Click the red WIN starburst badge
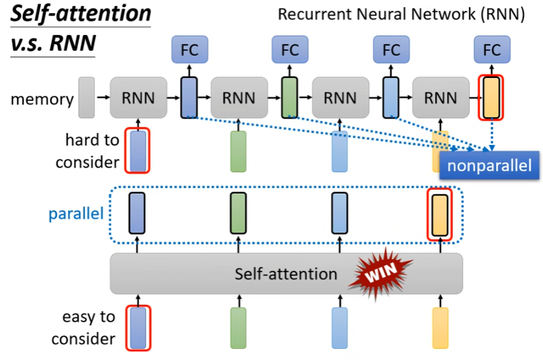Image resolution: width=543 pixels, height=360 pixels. [x=378, y=273]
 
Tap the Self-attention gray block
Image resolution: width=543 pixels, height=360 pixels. [x=286, y=274]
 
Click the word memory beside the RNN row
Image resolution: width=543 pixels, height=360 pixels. [x=42, y=99]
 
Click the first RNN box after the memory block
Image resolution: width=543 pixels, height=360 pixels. [x=138, y=98]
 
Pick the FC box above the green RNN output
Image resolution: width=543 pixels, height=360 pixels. [x=289, y=49]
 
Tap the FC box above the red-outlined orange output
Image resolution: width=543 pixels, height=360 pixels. [x=492, y=49]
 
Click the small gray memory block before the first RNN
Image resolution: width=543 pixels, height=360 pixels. [x=86, y=97]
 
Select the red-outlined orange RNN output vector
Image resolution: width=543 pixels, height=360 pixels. [x=492, y=97]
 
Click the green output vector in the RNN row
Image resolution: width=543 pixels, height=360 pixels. [x=289, y=97]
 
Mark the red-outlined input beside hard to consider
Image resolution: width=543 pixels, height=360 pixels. [x=137, y=151]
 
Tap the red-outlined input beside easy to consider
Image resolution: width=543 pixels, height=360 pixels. [x=137, y=328]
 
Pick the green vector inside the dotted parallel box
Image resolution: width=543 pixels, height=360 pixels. [x=238, y=212]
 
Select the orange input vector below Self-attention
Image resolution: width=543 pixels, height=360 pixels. [x=440, y=328]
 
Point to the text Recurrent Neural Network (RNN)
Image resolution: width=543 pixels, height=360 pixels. [x=401, y=14]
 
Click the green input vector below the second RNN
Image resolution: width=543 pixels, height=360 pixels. [x=238, y=151]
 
